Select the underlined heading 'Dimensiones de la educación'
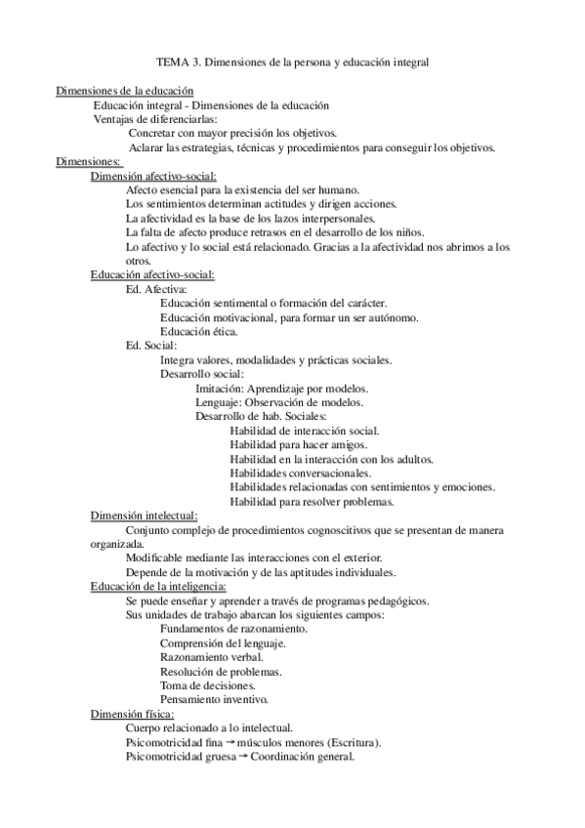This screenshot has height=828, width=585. point(125,91)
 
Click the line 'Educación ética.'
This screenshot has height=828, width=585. point(198,332)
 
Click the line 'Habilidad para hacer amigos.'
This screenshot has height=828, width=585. point(299,444)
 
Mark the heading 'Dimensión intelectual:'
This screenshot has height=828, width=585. point(145,516)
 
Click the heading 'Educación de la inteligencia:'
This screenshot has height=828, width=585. point(158,586)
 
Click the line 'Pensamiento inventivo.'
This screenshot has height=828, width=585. point(214,699)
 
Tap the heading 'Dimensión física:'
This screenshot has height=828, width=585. point(132,714)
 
